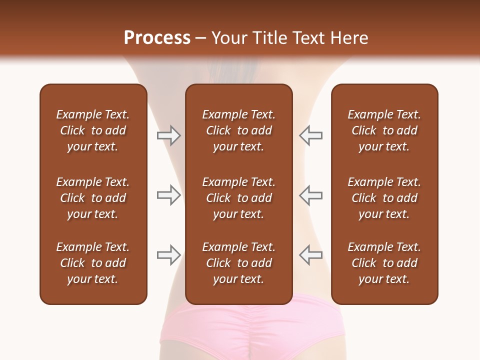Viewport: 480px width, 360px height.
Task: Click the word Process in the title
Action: [x=157, y=38]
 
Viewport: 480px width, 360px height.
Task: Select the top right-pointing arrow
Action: [x=168, y=135]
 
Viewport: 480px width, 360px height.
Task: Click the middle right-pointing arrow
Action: [x=168, y=195]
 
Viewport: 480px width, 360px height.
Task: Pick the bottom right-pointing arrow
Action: [x=168, y=255]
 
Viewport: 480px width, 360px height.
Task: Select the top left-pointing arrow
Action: [x=310, y=135]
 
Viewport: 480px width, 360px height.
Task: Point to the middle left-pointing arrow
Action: [x=310, y=195]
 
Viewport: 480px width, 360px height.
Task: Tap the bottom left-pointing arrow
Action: [x=310, y=255]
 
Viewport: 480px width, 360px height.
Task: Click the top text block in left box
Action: [x=93, y=130]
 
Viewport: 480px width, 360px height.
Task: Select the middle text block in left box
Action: [x=93, y=198]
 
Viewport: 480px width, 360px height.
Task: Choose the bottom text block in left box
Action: [x=93, y=263]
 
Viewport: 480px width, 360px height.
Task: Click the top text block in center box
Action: [x=238, y=130]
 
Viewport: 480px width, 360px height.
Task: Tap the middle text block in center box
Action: [x=238, y=198]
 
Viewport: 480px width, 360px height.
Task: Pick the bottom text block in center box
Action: [x=238, y=263]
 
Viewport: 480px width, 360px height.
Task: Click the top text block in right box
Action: [x=384, y=130]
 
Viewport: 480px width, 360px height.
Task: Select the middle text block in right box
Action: [x=384, y=198]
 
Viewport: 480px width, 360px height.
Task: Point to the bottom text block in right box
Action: [x=384, y=263]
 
